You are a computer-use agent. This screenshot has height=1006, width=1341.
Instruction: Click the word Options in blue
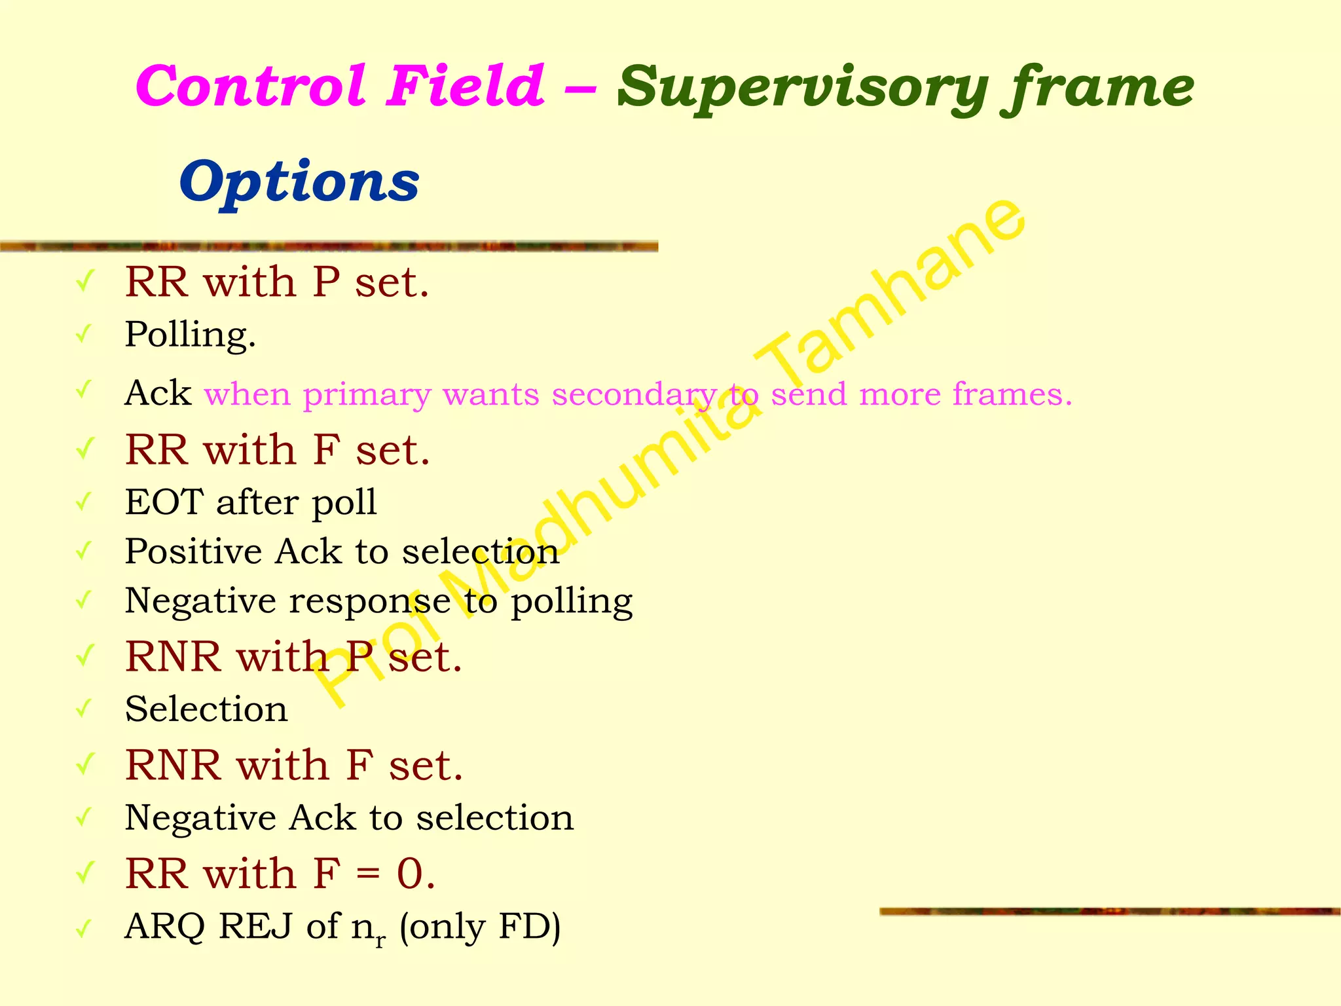[x=299, y=181]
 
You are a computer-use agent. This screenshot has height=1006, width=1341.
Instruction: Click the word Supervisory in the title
[x=801, y=88]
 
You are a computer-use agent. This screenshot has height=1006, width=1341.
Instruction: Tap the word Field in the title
[x=464, y=86]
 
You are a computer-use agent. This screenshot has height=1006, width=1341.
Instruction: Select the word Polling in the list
[x=190, y=335]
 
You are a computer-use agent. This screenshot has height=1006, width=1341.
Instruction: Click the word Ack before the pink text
[x=158, y=394]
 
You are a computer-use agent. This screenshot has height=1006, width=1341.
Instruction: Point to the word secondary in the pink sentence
[x=634, y=395]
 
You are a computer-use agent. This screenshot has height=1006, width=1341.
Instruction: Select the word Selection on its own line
[x=206, y=709]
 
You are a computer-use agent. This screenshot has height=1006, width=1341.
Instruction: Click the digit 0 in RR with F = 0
[x=411, y=874]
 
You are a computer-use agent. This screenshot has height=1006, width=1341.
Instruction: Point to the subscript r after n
[x=380, y=941]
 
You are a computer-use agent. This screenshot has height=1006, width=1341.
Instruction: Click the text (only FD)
[x=480, y=927]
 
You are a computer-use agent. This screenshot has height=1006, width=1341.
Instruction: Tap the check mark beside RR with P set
[x=84, y=283]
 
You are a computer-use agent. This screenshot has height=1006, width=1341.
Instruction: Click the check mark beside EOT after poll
[x=84, y=503]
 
